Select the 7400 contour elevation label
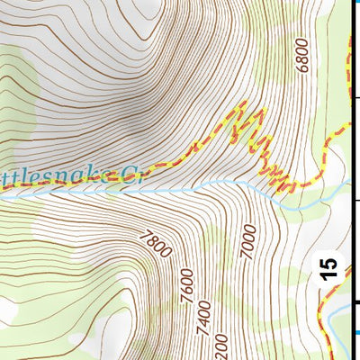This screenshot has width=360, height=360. click(x=204, y=314)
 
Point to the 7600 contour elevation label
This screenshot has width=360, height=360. click(x=187, y=284)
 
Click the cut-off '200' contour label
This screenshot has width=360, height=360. click(x=221, y=346)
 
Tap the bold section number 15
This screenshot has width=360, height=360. click(x=331, y=269)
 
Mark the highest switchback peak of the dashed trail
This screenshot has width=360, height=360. click(x=241, y=105)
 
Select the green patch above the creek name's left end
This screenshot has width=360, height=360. click(x=18, y=135)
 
